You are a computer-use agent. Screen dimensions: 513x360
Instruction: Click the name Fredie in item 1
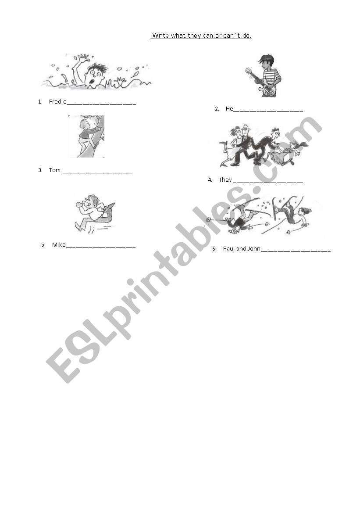[57, 102]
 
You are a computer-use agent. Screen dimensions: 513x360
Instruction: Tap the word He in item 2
[229, 109]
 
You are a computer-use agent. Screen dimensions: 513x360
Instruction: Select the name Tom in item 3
[55, 170]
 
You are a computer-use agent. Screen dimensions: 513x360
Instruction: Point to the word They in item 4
[225, 180]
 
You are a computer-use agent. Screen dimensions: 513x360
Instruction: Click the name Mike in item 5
[59, 245]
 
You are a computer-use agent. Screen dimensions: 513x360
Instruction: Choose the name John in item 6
[254, 249]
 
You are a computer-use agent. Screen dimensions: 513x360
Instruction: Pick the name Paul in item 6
[229, 249]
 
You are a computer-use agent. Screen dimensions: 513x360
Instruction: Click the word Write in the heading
[160, 36]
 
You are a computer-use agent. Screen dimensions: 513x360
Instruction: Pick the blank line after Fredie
[101, 104]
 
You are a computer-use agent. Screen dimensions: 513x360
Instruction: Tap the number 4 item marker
[210, 180]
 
